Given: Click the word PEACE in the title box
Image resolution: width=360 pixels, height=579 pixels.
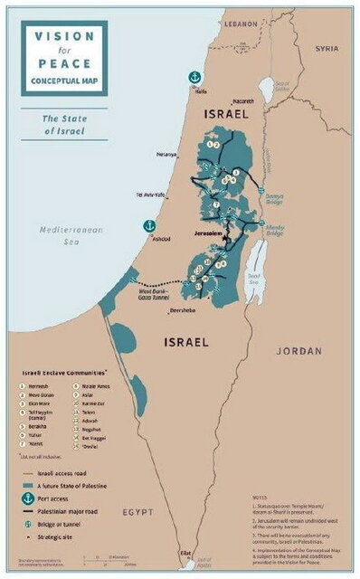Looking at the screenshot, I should pyautogui.click(x=64, y=63).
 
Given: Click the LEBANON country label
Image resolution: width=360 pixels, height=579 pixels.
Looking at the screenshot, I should pyautogui.click(x=242, y=19).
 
